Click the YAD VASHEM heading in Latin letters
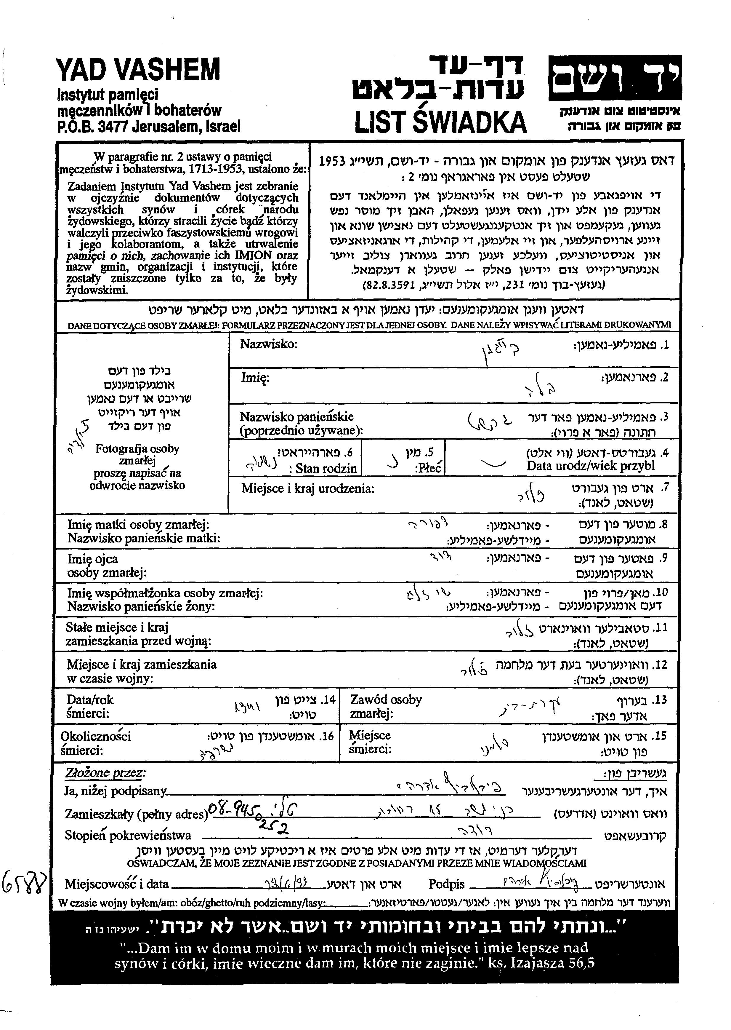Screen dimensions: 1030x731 [x=139, y=70]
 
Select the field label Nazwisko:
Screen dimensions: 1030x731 [x=269, y=344]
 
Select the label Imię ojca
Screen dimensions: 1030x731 [x=93, y=559]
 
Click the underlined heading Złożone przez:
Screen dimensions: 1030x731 [x=105, y=773]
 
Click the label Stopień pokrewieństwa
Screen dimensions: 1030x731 [x=128, y=836]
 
